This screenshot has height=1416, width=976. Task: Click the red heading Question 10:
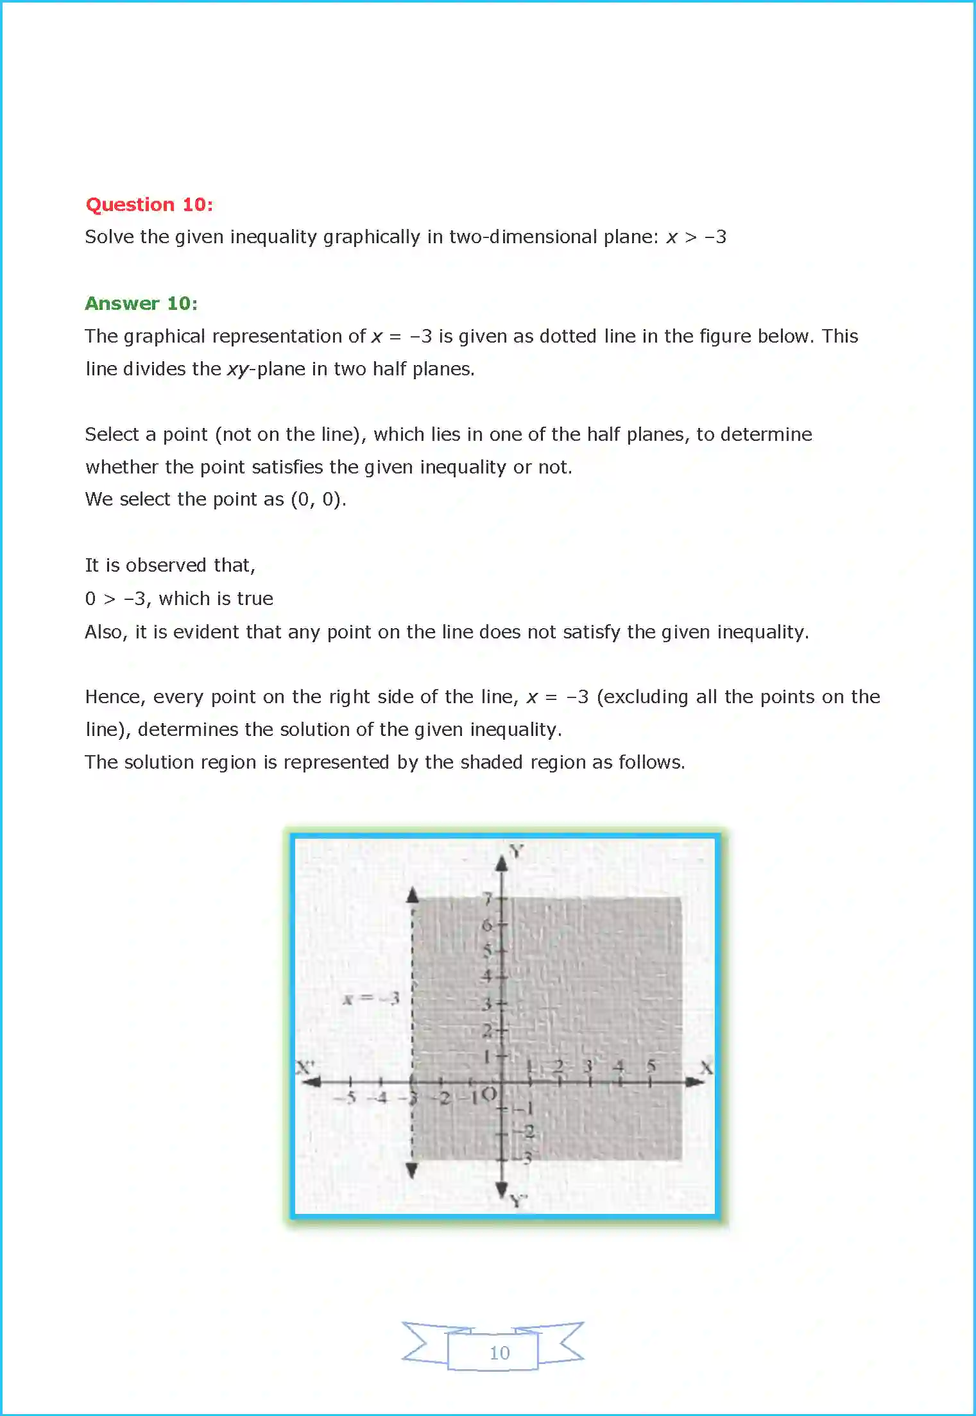tap(149, 205)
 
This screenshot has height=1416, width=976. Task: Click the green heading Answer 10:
tap(141, 303)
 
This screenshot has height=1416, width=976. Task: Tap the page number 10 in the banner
tap(499, 1352)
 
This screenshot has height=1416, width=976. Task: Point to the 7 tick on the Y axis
tap(488, 898)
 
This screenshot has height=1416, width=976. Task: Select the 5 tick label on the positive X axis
tap(651, 1066)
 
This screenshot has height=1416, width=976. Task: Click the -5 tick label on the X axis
tap(347, 1097)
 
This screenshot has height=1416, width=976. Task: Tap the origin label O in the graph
tap(489, 1094)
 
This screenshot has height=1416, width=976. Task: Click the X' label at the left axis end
tap(305, 1067)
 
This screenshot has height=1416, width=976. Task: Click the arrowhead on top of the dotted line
tap(413, 894)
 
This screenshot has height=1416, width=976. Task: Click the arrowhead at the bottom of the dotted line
tap(412, 1170)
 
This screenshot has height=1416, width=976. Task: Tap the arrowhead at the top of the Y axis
tap(502, 863)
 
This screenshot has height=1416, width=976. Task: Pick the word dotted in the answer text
tap(568, 336)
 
